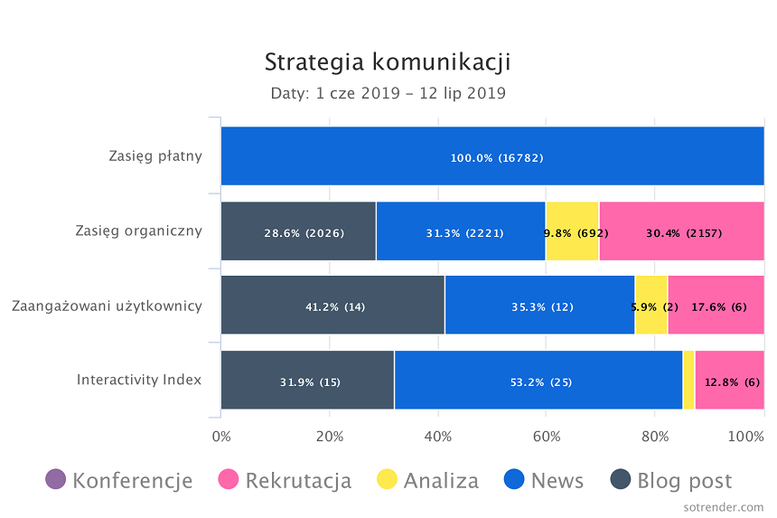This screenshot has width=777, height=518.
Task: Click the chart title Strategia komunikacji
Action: (388, 62)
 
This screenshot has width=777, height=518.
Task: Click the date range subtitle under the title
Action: (388, 93)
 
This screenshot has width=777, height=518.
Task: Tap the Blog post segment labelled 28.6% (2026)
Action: (298, 231)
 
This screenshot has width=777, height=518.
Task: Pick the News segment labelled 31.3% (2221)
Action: (461, 231)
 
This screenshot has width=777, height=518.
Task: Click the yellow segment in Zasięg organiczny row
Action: (573, 231)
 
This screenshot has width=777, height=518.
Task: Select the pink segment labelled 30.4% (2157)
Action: (681, 231)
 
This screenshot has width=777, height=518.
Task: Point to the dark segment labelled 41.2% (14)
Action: (332, 306)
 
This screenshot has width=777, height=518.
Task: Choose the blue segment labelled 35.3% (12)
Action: (539, 306)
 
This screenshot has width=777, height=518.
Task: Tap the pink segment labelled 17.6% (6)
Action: (716, 306)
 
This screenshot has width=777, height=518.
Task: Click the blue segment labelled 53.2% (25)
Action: (538, 381)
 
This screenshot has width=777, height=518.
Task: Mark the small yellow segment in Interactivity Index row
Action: (688, 381)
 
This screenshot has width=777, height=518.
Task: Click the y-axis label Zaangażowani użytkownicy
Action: (107, 306)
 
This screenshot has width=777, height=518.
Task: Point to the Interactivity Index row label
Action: (139, 380)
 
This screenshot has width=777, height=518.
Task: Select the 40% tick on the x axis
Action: (438, 437)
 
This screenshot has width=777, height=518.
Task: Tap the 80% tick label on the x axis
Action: (655, 437)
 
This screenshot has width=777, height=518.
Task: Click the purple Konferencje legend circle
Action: (56, 480)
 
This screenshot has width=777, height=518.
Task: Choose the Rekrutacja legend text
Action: (298, 480)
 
